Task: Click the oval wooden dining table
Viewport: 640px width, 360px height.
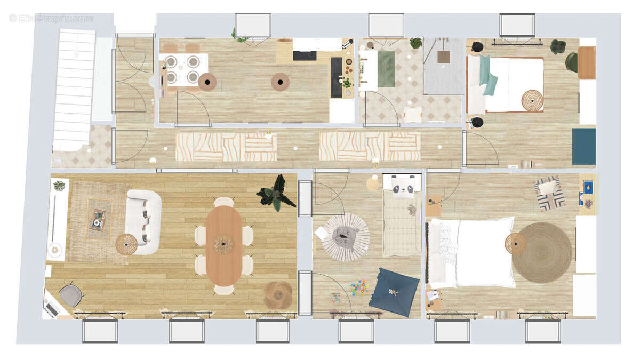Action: [224, 245]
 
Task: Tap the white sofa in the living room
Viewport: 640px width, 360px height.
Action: [143, 222]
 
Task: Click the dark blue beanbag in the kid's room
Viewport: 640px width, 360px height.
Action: [395, 291]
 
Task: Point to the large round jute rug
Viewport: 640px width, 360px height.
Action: [541, 252]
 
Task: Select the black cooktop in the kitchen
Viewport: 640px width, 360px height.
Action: [305, 55]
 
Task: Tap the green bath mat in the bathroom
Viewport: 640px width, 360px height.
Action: [386, 69]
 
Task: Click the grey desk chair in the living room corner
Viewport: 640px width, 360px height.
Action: [71, 294]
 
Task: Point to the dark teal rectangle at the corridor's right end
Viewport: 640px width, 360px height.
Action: [583, 146]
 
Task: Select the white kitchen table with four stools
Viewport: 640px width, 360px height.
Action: [182, 69]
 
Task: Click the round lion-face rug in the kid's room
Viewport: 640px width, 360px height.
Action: [346, 237]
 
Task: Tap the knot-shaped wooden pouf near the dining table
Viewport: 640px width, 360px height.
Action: [278, 295]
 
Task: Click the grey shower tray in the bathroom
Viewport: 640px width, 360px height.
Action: [444, 66]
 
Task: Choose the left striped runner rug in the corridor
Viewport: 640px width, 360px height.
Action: [226, 147]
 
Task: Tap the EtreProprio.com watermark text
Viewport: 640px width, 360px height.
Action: [51, 18]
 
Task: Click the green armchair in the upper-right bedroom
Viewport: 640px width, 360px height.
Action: [571, 62]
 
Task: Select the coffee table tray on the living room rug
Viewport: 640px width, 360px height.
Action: [98, 219]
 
